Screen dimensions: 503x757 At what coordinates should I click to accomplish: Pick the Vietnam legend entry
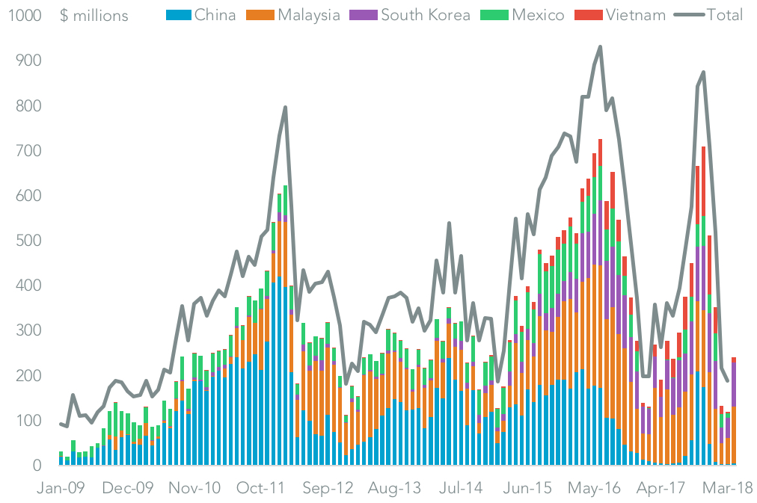(x=625, y=15)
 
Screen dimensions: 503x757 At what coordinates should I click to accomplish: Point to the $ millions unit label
(x=94, y=16)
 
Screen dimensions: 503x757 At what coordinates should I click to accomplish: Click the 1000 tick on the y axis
(x=22, y=16)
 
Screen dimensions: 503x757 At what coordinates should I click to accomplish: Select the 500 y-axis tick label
(x=27, y=241)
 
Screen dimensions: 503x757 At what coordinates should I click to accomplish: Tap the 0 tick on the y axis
(x=36, y=466)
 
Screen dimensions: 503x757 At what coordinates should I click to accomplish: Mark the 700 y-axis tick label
(x=27, y=151)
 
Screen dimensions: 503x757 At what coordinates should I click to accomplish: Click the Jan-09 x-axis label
(x=61, y=487)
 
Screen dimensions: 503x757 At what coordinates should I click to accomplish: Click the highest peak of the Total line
(x=600, y=46)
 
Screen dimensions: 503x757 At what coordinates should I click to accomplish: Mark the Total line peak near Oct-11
(x=285, y=107)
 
